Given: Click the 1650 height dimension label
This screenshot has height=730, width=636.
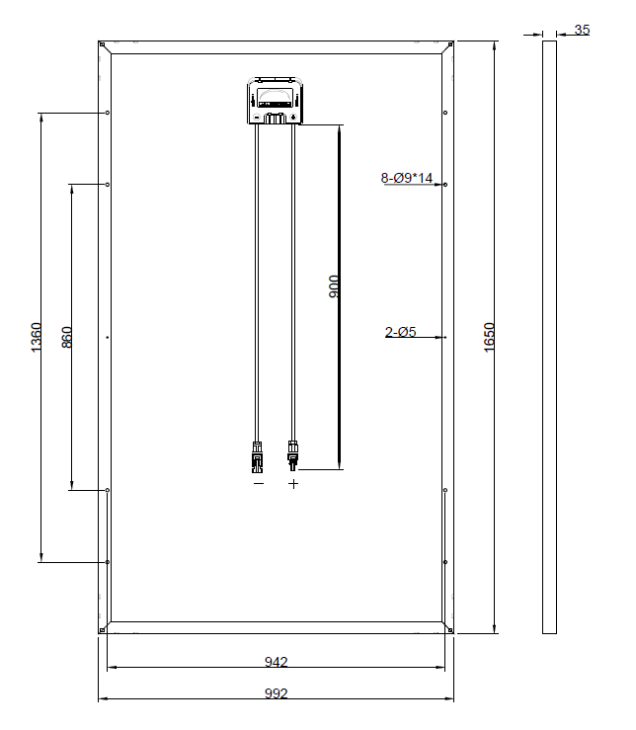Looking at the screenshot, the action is click(x=489, y=337).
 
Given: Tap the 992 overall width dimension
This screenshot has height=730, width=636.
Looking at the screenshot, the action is click(x=277, y=693).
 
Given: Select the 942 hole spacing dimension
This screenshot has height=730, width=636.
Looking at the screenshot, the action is click(x=277, y=662).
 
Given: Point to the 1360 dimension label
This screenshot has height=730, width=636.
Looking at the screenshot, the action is click(x=36, y=337).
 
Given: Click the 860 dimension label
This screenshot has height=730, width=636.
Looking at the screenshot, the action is click(x=67, y=337).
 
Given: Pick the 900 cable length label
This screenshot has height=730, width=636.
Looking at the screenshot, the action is click(x=335, y=286).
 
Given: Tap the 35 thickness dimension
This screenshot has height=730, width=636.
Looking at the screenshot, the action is click(x=582, y=30).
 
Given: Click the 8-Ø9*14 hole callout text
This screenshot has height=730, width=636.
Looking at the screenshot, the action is click(x=407, y=178).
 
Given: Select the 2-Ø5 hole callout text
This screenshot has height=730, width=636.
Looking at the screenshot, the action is click(x=400, y=332).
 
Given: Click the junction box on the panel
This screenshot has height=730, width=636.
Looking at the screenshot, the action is click(x=275, y=101).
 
